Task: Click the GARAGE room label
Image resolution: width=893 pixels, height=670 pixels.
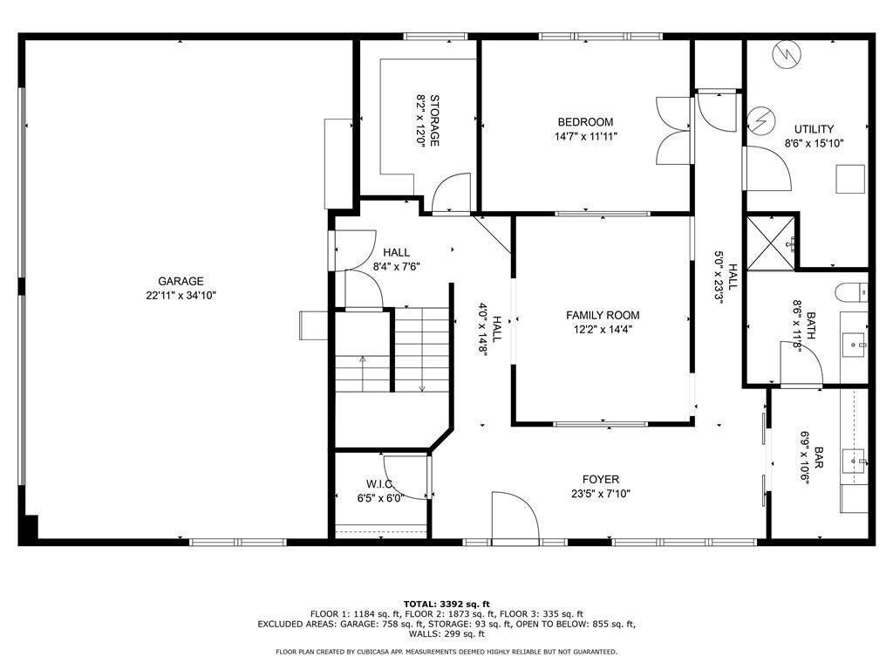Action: click(181, 281)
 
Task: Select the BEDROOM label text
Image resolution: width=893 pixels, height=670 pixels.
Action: click(585, 122)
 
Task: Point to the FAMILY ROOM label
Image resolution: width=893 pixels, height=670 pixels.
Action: click(603, 315)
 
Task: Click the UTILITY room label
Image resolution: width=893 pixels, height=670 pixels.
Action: click(813, 129)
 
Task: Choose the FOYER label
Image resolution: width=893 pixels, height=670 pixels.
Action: click(601, 479)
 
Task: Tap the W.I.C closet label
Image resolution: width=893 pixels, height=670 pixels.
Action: click(380, 484)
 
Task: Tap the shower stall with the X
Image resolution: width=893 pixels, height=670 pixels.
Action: click(771, 240)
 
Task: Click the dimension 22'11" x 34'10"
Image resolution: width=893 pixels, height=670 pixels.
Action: click(181, 295)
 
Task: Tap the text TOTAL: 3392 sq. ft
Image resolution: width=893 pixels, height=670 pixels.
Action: click(446, 604)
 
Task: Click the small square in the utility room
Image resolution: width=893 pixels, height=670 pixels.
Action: click(849, 179)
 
